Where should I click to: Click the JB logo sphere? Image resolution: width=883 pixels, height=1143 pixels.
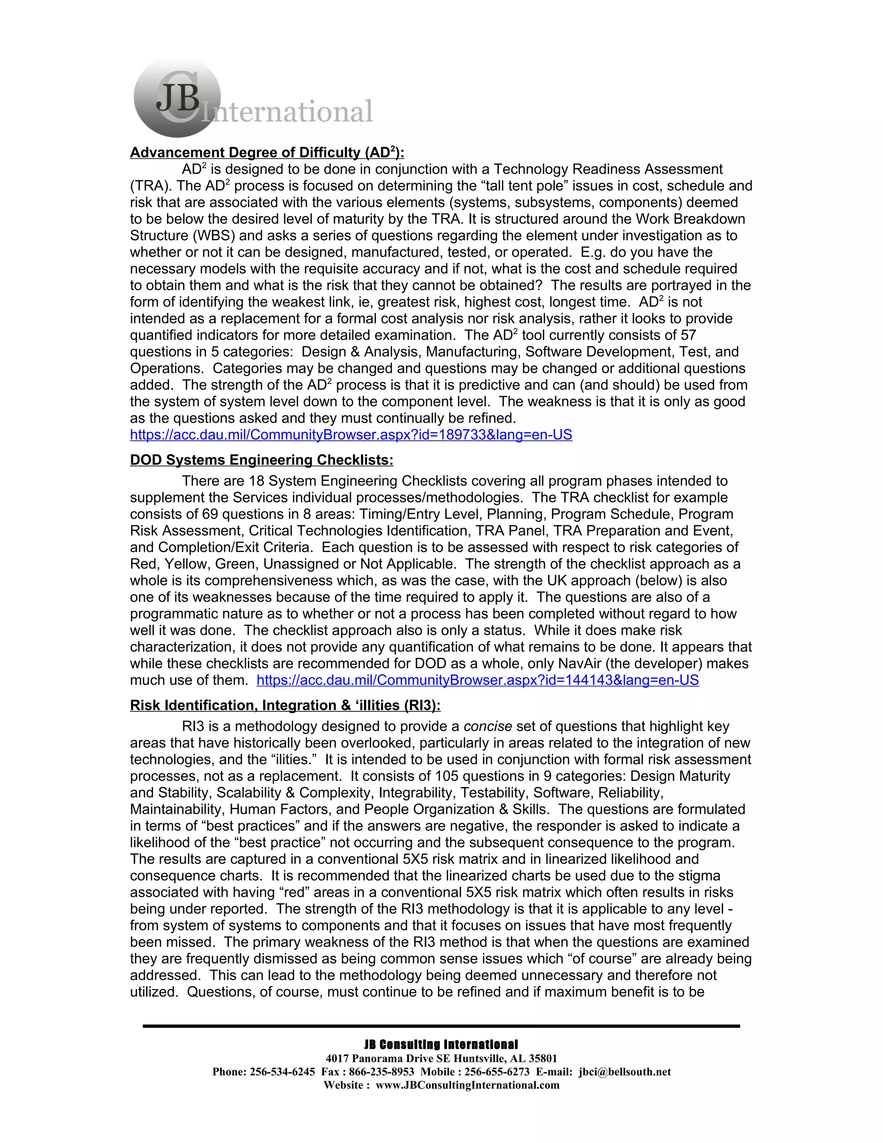[177, 98]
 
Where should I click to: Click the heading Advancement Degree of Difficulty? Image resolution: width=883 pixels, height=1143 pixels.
[267, 152]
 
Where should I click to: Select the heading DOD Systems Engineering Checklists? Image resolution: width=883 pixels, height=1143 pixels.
[262, 460]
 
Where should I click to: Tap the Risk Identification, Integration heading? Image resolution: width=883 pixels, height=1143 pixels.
[285, 706]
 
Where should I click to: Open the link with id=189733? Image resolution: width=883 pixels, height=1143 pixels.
[351, 435]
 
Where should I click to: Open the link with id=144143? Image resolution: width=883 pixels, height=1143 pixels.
[478, 680]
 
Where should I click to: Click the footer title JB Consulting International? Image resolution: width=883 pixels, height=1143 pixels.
[441, 1045]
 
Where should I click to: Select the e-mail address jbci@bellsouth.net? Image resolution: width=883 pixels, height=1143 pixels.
[625, 1072]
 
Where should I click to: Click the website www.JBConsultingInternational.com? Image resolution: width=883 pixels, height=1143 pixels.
[468, 1085]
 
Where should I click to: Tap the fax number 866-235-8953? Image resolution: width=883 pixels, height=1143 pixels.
[381, 1072]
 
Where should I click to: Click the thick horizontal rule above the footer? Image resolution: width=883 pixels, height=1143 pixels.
[441, 1026]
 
